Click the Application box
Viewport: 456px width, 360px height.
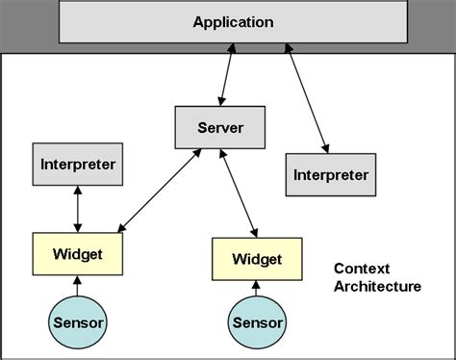232,21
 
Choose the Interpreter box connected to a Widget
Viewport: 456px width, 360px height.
78,164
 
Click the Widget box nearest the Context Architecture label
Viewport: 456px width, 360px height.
256,259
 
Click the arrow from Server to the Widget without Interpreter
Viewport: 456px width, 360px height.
239,193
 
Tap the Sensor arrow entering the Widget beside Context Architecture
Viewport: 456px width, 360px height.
256,289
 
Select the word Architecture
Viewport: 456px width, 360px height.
376,286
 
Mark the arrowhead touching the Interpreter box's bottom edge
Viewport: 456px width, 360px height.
78,191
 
